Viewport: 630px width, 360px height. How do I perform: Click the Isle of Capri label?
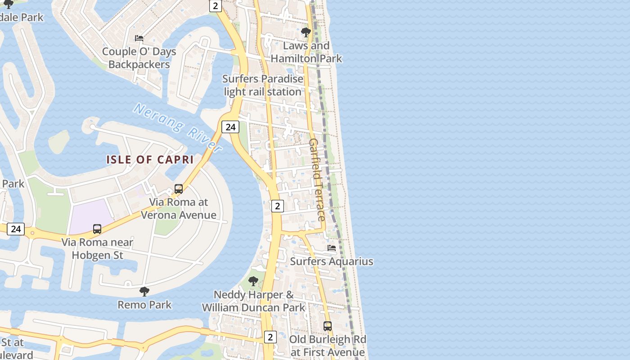[x=150, y=159]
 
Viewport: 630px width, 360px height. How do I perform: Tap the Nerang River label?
[x=178, y=127]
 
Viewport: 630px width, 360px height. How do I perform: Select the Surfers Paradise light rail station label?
[x=263, y=85]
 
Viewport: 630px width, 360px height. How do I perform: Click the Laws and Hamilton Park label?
[x=306, y=52]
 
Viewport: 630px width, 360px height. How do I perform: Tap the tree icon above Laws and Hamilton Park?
[x=306, y=32]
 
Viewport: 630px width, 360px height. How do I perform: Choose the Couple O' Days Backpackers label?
[x=139, y=58]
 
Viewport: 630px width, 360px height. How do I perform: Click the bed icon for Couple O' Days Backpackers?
[x=139, y=38]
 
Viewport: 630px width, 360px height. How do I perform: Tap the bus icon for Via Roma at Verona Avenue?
[x=179, y=189]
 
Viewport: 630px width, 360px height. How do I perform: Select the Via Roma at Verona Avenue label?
[x=179, y=208]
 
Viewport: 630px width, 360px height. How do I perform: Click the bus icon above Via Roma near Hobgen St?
[x=97, y=229]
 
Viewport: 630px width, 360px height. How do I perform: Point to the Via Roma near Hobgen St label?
[x=97, y=249]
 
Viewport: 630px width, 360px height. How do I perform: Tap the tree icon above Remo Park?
[x=144, y=292]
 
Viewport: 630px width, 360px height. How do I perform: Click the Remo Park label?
[x=144, y=305]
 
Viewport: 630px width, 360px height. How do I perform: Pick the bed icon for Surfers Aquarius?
[x=332, y=248]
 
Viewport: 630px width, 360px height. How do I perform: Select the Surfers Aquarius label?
[x=332, y=261]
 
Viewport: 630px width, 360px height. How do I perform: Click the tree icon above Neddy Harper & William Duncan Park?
[x=253, y=282]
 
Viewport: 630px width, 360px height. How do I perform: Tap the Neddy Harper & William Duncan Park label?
[x=253, y=301]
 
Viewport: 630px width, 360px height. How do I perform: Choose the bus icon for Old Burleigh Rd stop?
[x=328, y=326]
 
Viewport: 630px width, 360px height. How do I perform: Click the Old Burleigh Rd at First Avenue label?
[x=328, y=345]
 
